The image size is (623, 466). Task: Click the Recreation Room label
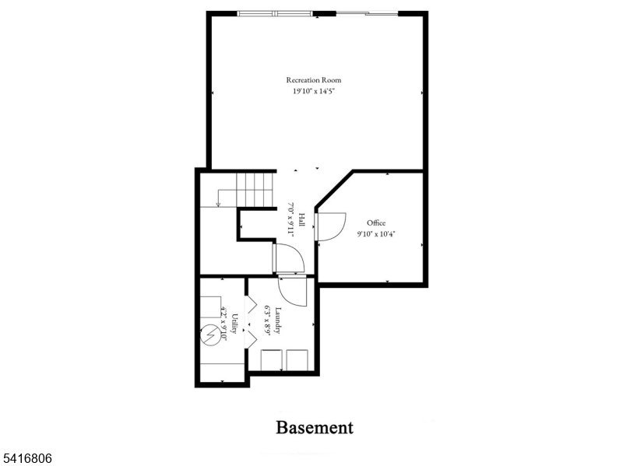(x=313, y=80)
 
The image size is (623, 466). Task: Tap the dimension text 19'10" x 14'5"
(x=313, y=91)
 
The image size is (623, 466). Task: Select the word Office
(x=376, y=222)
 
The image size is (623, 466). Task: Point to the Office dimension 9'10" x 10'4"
(x=376, y=233)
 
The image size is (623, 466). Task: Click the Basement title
(x=315, y=427)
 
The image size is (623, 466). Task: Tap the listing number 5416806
(x=26, y=459)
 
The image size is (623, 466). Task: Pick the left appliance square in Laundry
(x=272, y=361)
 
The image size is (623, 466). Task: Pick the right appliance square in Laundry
(x=297, y=361)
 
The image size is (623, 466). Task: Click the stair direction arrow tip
(x=219, y=205)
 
